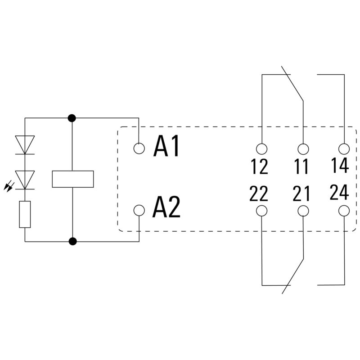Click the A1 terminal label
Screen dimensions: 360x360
pyautogui.click(x=166, y=147)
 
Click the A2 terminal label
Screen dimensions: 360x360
pyautogui.click(x=166, y=207)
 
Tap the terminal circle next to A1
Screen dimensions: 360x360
pyautogui.click(x=139, y=148)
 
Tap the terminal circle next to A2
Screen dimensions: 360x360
pyautogui.click(x=139, y=210)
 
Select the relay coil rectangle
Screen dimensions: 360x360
pyautogui.click(x=72, y=179)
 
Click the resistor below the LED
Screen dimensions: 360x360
pyautogui.click(x=25, y=215)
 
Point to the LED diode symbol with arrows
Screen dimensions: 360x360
pyautogui.click(x=25, y=180)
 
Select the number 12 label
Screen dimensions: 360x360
pyautogui.click(x=260, y=167)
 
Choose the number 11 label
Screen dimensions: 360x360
pyautogui.click(x=301, y=167)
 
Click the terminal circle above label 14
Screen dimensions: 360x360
pyautogui.click(x=344, y=148)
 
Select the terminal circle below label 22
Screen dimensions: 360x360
pyautogui.click(x=261, y=211)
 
